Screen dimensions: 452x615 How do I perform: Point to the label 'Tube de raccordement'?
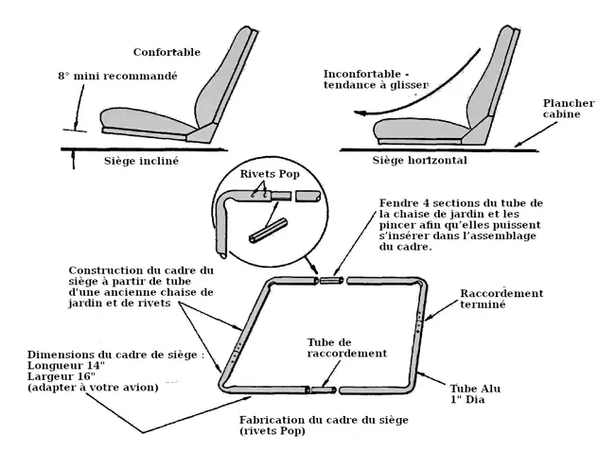(x=347, y=346)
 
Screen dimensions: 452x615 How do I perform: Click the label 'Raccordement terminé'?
(x=501, y=299)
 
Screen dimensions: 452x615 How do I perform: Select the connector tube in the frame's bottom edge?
(x=324, y=390)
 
